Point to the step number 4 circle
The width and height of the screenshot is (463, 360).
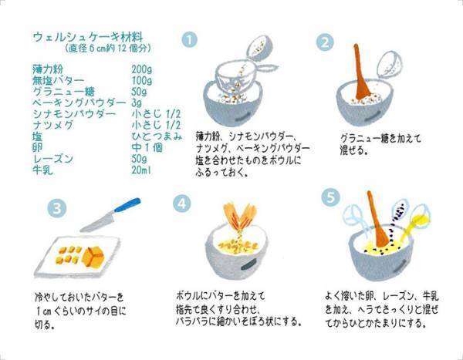click(x=181, y=204)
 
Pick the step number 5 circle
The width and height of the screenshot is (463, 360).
click(x=329, y=197)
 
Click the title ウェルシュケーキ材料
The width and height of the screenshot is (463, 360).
click(x=87, y=35)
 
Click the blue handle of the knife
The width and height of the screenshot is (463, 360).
click(x=126, y=206)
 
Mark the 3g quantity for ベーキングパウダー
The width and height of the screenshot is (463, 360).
click(x=137, y=102)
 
